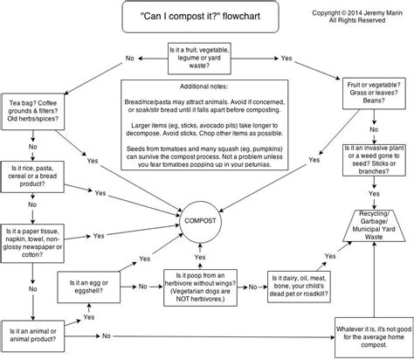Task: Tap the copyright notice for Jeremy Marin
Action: point(356,18)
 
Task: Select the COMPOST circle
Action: point(201,197)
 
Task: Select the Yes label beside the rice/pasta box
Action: point(100,168)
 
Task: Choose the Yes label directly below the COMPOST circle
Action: point(201,234)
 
